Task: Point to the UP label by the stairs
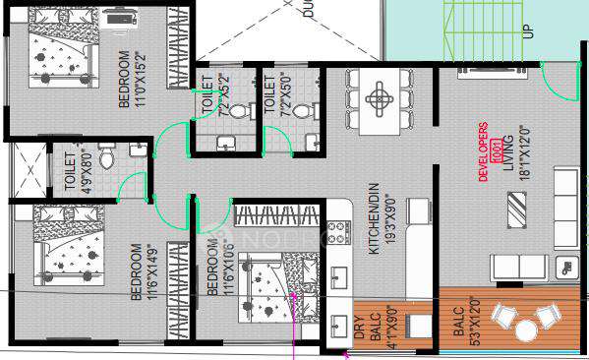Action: click(x=529, y=30)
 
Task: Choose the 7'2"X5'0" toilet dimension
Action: click(x=284, y=98)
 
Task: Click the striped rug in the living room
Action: click(x=518, y=209)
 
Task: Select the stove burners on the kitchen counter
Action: click(x=341, y=231)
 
